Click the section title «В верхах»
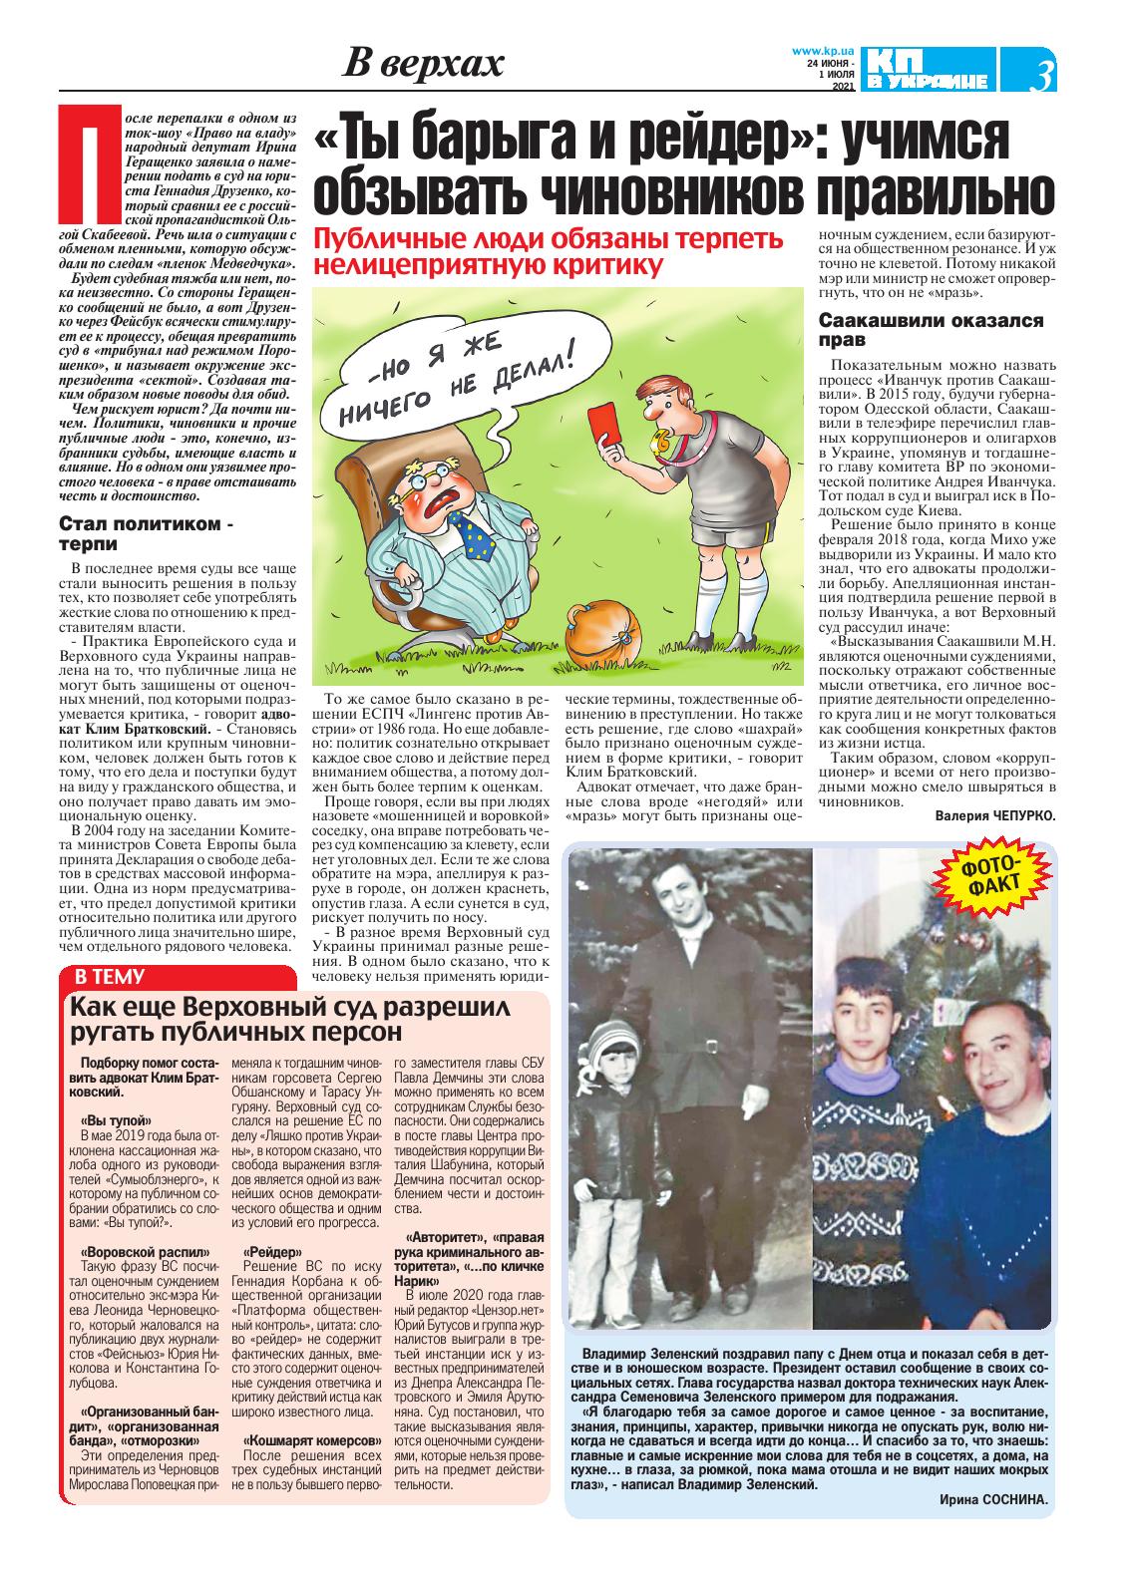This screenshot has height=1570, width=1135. click(424, 65)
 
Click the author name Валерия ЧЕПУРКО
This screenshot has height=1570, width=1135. click(994, 815)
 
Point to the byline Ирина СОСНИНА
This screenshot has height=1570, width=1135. click(993, 1499)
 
